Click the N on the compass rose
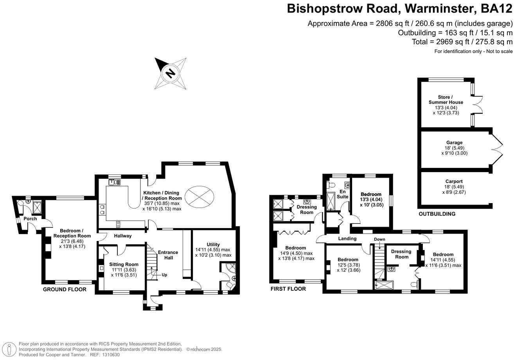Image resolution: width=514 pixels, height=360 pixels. (x=170, y=74)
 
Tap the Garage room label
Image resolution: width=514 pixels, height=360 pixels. (x=454, y=142)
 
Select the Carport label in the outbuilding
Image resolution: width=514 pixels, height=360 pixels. (x=454, y=182)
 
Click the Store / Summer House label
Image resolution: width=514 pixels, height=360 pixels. (x=446, y=100)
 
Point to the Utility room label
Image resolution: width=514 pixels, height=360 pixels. (x=213, y=245)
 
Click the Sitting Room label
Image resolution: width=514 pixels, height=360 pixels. (x=124, y=264)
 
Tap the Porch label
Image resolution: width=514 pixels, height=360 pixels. (x=30, y=219)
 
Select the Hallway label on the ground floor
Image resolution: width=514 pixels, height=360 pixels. (x=123, y=236)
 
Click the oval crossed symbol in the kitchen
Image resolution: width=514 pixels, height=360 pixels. (x=199, y=197)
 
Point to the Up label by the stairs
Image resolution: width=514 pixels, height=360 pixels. (x=164, y=275)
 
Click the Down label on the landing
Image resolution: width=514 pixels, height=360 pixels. (x=379, y=239)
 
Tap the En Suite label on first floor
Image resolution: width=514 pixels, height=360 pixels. (x=342, y=194)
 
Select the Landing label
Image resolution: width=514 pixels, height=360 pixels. (x=347, y=239)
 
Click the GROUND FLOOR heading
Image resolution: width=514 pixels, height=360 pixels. (x=65, y=289)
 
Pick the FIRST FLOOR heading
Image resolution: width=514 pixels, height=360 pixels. (x=288, y=289)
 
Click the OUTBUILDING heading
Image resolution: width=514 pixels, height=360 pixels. (x=437, y=214)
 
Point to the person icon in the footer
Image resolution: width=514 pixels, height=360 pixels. (x=9, y=350)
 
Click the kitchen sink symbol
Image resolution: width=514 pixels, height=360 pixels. (x=114, y=182)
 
